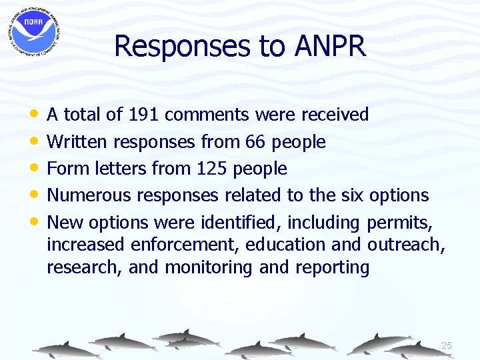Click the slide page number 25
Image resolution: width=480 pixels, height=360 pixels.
click(447, 345)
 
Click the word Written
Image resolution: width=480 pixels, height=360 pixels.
click(78, 142)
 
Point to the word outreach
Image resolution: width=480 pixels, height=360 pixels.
click(404, 245)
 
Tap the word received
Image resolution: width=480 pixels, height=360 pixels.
click(335, 115)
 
